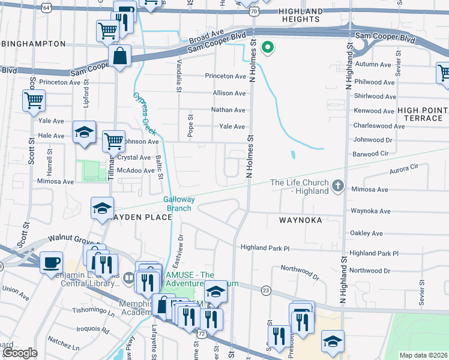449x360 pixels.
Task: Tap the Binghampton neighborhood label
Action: (x=33, y=44)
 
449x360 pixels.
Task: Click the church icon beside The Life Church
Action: (x=338, y=187)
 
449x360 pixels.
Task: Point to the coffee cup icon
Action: (x=51, y=262)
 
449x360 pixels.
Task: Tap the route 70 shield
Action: (x=255, y=11)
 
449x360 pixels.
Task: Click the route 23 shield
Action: (x=266, y=290)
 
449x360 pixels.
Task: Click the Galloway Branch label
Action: (x=178, y=203)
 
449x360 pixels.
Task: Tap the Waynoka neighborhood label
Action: (x=301, y=220)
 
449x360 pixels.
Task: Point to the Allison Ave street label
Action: (x=229, y=94)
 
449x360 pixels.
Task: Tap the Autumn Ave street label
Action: (x=373, y=64)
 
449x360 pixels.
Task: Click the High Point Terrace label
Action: (x=423, y=114)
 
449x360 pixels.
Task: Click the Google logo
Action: (x=20, y=353)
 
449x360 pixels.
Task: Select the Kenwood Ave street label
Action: (x=375, y=111)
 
